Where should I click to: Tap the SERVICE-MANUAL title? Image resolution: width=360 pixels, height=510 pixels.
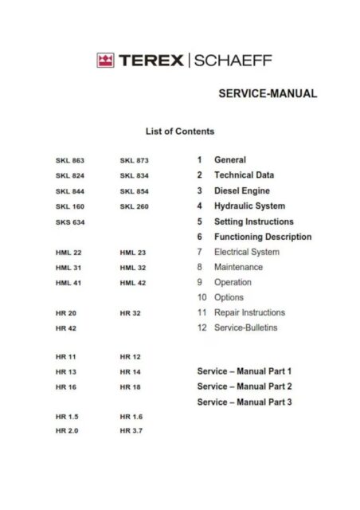[267, 93]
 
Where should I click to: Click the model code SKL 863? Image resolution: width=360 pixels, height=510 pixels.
[70, 160]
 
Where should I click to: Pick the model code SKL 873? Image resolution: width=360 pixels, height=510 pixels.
[134, 160]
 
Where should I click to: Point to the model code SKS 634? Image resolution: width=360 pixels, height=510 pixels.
[70, 222]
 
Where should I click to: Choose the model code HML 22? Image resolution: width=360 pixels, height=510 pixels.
[69, 253]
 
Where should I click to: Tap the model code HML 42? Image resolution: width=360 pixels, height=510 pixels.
[133, 283]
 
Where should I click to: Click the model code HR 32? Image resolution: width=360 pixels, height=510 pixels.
[130, 313]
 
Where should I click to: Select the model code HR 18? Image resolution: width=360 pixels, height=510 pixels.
[130, 386]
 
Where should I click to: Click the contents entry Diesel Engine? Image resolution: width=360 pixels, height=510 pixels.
[242, 191]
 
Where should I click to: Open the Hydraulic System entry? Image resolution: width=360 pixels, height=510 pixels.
[249, 206]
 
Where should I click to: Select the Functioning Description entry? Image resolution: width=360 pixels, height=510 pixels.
[263, 237]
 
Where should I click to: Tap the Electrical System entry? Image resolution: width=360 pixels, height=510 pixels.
[247, 252]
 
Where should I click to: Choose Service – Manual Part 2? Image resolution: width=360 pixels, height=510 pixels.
[245, 386]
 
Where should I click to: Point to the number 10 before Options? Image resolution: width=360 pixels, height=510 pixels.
[202, 297]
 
